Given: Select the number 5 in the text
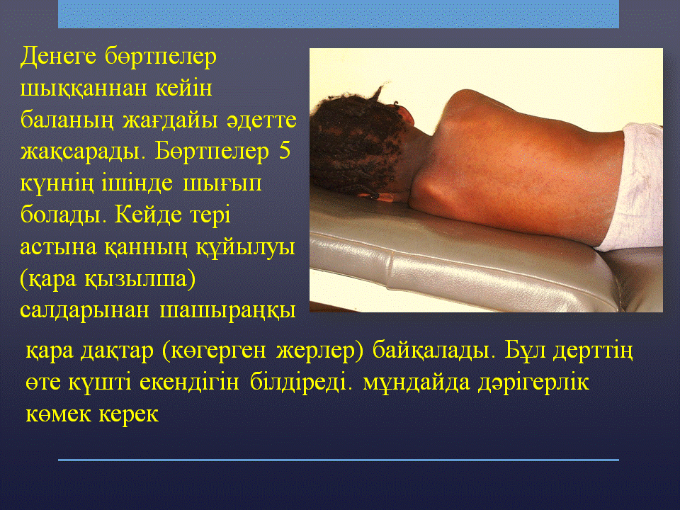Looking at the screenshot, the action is click(285, 152).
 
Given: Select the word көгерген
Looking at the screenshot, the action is click(219, 351).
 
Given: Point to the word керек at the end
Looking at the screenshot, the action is click(128, 414).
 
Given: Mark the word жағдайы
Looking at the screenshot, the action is click(169, 121).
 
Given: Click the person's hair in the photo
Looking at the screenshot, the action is click(356, 144).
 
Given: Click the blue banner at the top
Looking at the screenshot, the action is click(339, 14).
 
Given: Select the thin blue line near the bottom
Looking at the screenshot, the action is click(339, 460).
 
